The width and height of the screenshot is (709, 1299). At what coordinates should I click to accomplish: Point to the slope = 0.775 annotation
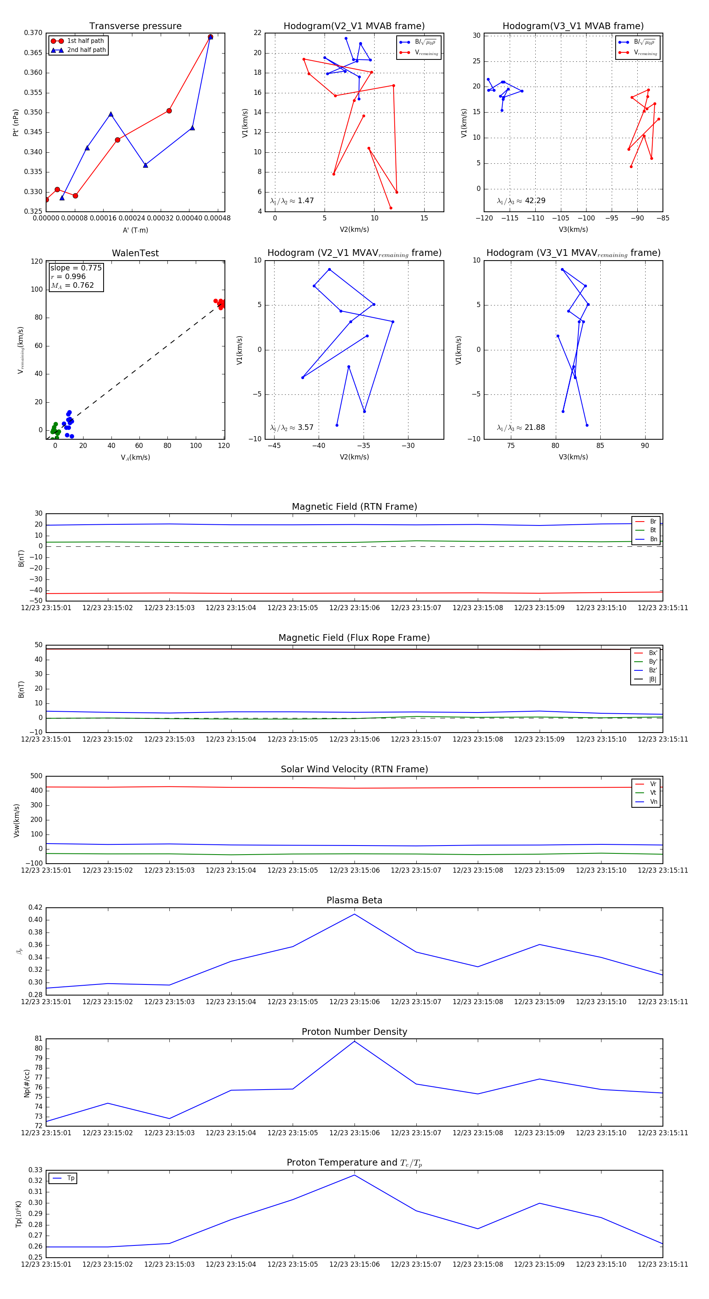coord(76,268)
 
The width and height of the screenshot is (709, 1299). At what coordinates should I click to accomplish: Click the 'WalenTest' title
coord(135,253)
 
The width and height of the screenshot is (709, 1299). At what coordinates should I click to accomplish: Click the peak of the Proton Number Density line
coord(354,1041)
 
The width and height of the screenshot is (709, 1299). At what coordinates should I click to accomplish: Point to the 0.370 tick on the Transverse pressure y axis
coord(33,33)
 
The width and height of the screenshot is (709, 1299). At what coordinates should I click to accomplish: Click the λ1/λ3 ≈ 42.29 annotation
coord(521,201)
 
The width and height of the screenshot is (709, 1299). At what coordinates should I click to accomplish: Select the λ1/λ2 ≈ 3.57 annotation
coord(291,427)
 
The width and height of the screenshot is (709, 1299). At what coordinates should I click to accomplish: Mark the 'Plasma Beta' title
coord(354,901)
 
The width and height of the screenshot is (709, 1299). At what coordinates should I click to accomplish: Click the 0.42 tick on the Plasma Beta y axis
coord(35,907)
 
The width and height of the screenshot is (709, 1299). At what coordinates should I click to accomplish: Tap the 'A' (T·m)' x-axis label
coord(135,230)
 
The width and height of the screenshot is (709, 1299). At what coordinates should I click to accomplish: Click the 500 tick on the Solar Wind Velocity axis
coord(36,776)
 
